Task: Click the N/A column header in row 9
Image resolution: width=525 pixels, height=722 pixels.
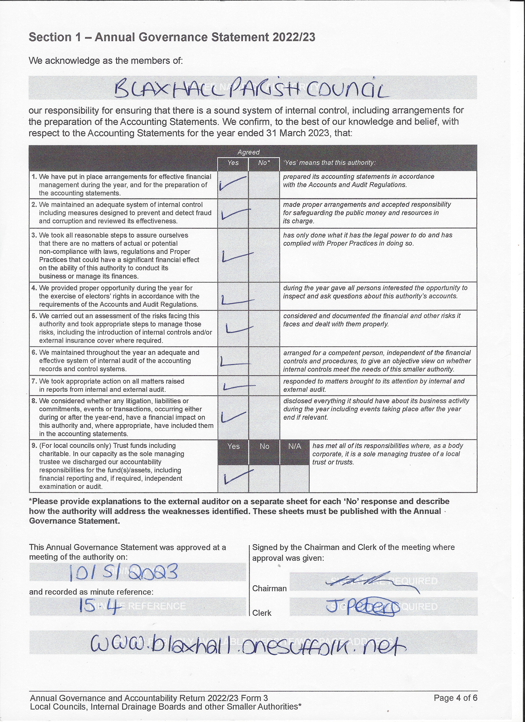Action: click(x=294, y=446)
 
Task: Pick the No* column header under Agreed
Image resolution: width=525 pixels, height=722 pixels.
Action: click(x=264, y=163)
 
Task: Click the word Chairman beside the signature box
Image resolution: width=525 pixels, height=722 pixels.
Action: click(x=269, y=588)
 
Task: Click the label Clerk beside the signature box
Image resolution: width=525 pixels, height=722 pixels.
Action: click(x=262, y=613)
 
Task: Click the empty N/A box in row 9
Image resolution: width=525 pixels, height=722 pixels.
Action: click(x=294, y=478)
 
